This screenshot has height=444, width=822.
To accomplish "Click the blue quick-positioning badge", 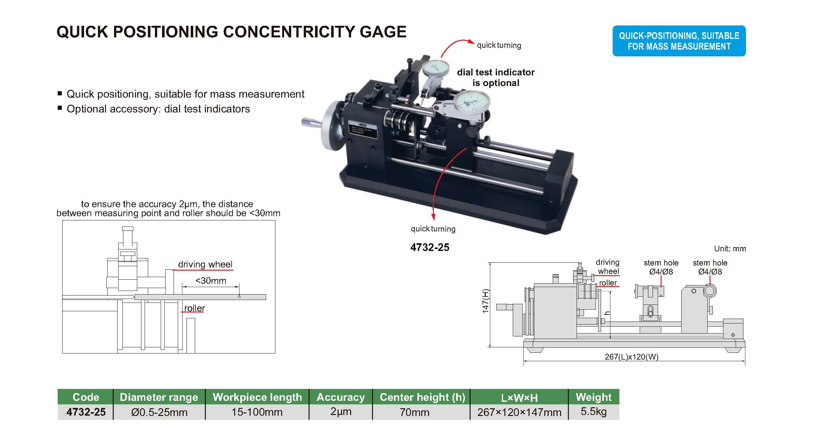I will coord(679,41).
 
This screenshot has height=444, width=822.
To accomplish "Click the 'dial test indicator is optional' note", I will coord(495,77).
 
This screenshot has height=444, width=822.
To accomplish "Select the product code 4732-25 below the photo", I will coord(430,247).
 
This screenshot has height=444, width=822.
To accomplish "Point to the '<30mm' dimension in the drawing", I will coord(211,281).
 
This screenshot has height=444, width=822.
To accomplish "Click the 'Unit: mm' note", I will coord(730,249).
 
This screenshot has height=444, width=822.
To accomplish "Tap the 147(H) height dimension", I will coord(485,301).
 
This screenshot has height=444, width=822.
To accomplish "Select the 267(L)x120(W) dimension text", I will coord(631,357).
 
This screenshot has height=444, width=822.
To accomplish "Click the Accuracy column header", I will coord(340,397).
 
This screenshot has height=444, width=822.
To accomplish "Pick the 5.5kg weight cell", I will coord(593,412).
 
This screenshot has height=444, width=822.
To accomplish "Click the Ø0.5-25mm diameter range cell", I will coord(159,412).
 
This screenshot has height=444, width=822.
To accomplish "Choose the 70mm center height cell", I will coord(414,412).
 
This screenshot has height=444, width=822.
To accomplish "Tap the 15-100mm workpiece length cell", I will coord(257,412).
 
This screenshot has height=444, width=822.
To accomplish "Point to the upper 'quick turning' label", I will coord(499,45).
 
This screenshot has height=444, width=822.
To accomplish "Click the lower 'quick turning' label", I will coord(433,229).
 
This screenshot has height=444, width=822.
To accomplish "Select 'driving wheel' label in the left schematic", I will coord(205,265).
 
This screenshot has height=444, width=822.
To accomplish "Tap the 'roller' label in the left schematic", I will coord(194,308).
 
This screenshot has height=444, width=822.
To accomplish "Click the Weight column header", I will coord(593,397).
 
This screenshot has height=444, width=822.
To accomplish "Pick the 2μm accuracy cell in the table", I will coord(340,412).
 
